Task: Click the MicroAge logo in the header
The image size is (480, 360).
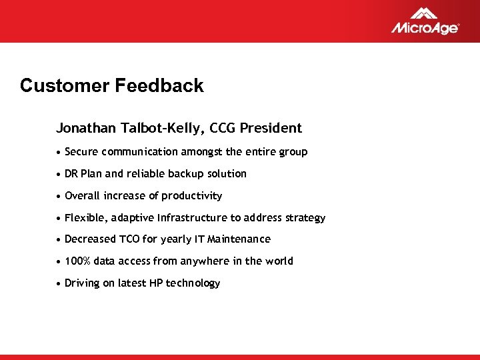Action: pos(425,21)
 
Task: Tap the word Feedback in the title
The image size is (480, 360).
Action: pos(159,86)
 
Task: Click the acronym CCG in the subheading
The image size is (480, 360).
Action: pos(221,128)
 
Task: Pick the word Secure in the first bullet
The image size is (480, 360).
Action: pos(81,152)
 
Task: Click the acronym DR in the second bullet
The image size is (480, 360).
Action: pos(71,174)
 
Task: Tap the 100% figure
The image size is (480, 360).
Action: pos(77,261)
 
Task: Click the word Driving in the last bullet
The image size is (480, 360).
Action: pos(82,283)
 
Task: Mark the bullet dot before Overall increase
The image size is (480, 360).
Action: pos(59,196)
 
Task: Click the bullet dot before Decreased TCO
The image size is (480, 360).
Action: pos(59,239)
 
